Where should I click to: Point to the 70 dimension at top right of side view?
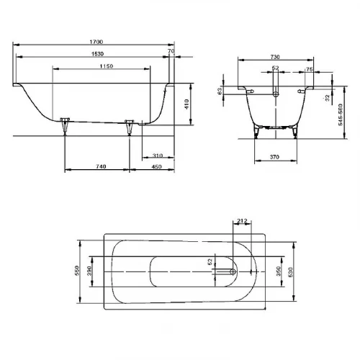[x=171, y=52]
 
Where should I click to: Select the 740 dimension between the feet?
[x=100, y=167]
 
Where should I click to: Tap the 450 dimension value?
[x=156, y=167]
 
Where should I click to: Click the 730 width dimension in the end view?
[x=274, y=57]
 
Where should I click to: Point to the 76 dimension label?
[x=309, y=70]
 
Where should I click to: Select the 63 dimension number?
[x=219, y=91]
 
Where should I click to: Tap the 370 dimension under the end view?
[x=274, y=156]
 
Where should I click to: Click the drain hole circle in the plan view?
[x=231, y=272]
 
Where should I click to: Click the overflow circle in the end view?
[x=275, y=94]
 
